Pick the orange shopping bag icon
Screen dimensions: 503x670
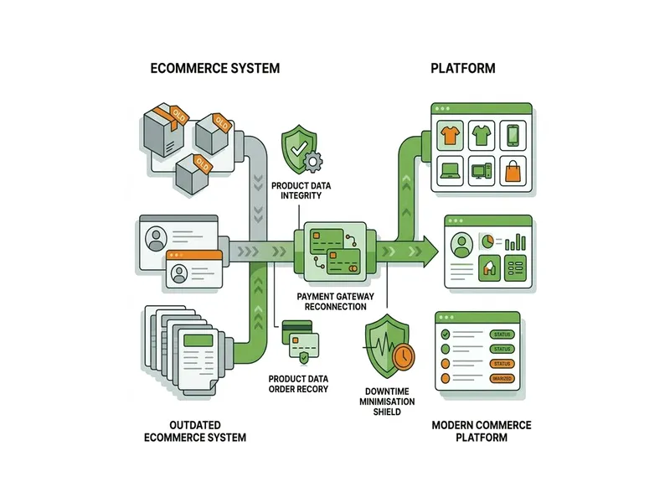(x=513, y=171)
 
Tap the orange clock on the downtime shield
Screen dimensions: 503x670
(x=402, y=356)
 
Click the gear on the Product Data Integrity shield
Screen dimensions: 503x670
(x=312, y=162)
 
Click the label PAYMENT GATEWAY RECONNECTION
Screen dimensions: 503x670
(x=331, y=302)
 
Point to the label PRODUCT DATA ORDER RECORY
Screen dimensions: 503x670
(x=297, y=384)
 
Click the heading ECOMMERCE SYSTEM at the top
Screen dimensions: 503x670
(x=214, y=68)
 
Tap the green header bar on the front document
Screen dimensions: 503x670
(x=198, y=340)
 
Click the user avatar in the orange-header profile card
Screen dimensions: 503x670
(x=178, y=272)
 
